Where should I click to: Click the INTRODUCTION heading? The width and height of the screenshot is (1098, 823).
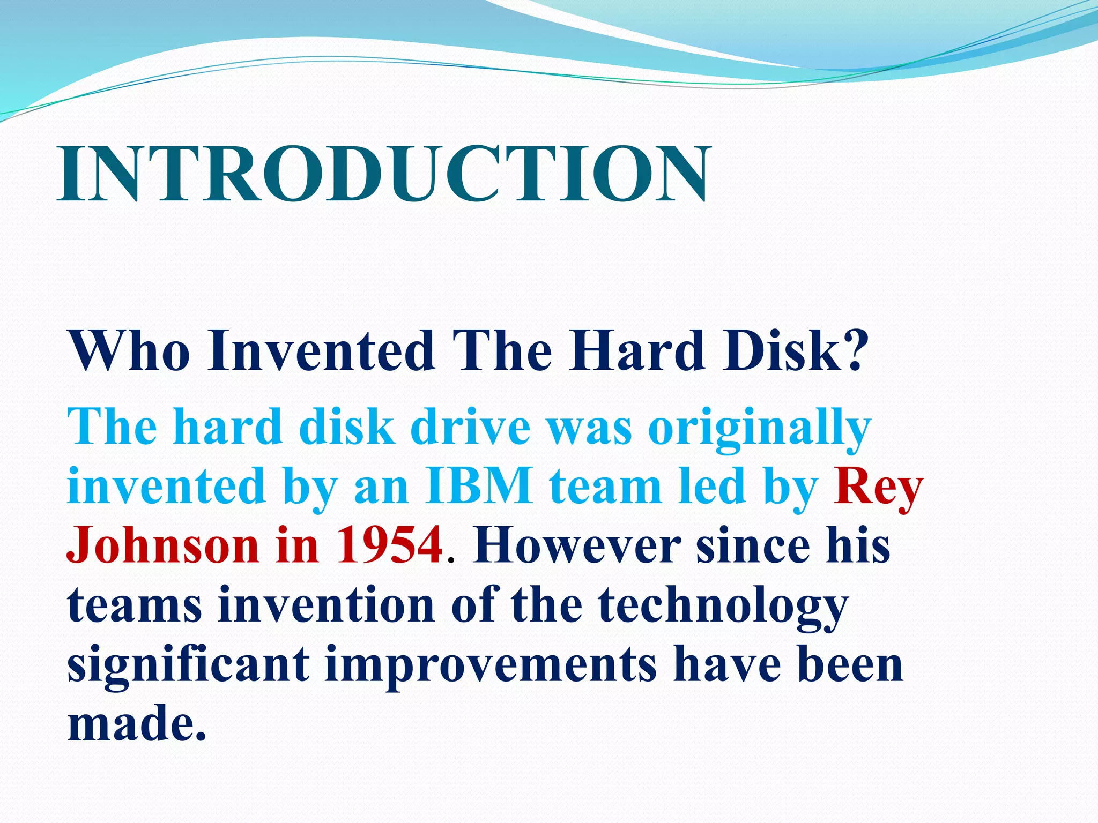click(x=384, y=174)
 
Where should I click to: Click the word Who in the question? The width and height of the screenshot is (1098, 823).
click(x=129, y=351)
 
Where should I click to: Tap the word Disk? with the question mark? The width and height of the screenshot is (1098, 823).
click(x=794, y=351)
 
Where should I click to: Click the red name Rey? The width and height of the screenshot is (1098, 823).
click(x=878, y=487)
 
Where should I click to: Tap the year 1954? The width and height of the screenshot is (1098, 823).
click(x=390, y=545)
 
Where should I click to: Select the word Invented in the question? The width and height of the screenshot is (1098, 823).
click(x=322, y=351)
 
